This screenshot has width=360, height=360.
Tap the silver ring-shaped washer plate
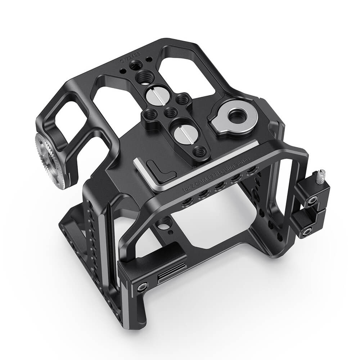click(x=229, y=117)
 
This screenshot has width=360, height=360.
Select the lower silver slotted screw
click(x=182, y=134)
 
